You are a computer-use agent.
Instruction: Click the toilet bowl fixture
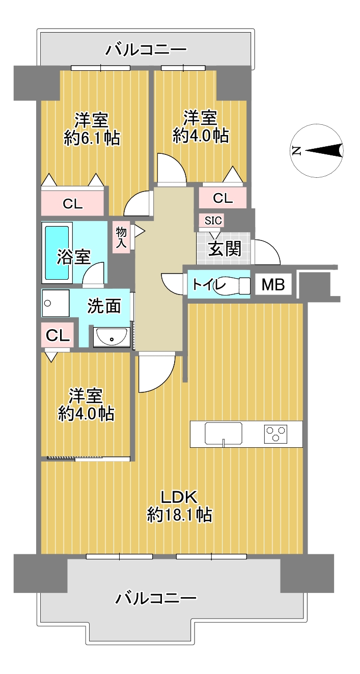(232, 284)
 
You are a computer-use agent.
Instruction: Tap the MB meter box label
(273, 284)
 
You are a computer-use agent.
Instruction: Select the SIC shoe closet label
(213, 221)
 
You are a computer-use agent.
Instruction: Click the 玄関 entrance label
(225, 249)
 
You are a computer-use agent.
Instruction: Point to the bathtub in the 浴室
(57, 253)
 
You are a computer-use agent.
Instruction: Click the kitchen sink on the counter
(224, 433)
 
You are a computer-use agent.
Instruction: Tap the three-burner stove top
(275, 434)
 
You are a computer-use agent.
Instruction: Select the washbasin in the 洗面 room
(111, 337)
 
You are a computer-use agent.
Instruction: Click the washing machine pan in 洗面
(56, 303)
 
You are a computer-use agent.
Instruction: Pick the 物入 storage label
(121, 237)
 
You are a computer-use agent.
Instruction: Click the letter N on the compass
(296, 150)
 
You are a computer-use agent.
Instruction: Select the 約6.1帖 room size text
(92, 139)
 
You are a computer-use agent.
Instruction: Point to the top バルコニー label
(146, 49)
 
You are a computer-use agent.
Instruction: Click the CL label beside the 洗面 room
(58, 335)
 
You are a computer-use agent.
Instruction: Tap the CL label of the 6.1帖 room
(72, 204)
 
